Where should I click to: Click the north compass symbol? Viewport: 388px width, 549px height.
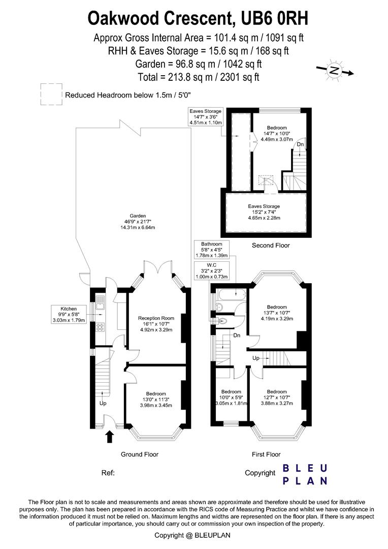pyautogui.click(x=334, y=71)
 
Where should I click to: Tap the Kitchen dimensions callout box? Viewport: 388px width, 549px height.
pyautogui.click(x=68, y=314)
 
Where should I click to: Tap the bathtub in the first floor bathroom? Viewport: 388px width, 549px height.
pyautogui.click(x=232, y=294)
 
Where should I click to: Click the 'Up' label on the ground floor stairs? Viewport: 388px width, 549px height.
pyautogui.click(x=103, y=404)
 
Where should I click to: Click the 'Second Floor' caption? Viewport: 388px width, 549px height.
pyautogui.click(x=271, y=246)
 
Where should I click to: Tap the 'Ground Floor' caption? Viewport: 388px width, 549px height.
pyautogui.click(x=139, y=454)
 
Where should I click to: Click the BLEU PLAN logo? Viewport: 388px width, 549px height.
pyautogui.click(x=305, y=474)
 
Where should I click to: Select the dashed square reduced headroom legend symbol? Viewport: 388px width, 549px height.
pyautogui.click(x=51, y=94)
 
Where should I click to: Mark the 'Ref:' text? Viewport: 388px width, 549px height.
pyautogui.click(x=108, y=473)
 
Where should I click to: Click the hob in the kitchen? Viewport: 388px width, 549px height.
pyautogui.click(x=100, y=327)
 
